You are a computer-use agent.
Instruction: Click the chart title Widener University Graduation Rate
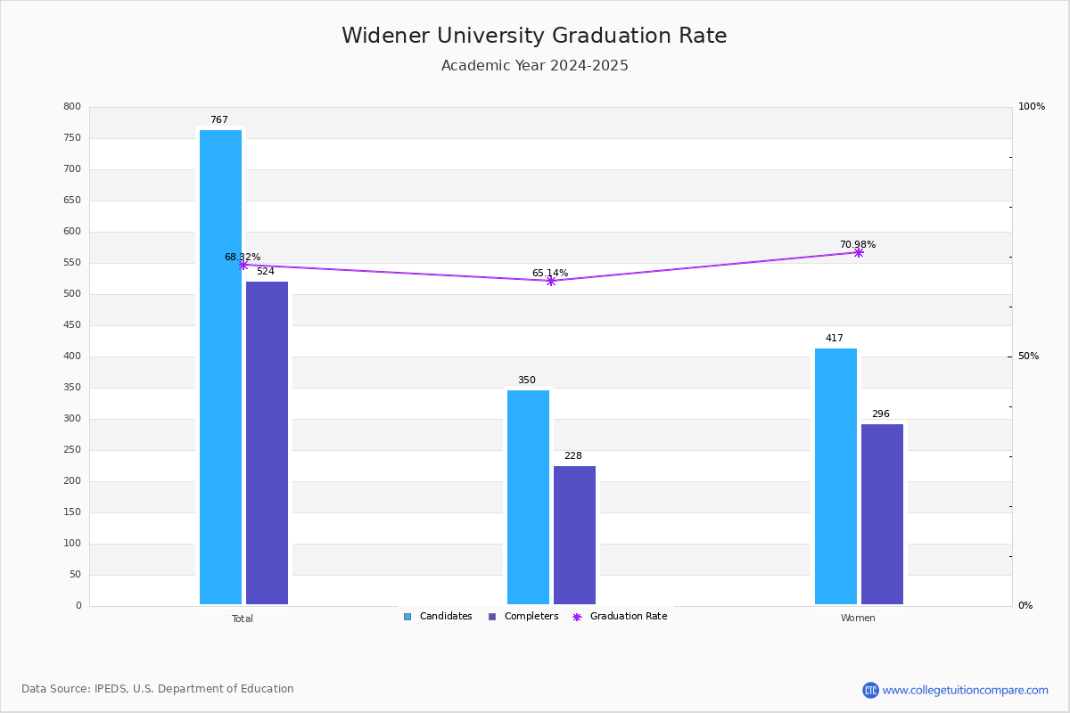[x=534, y=36]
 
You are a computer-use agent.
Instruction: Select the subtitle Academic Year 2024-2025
[x=534, y=65]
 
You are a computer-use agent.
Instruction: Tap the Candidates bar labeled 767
[x=221, y=367]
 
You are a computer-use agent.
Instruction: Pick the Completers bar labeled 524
[x=267, y=443]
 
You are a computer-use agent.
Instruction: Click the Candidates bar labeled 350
[x=528, y=497]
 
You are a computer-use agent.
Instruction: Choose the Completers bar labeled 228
[x=574, y=535]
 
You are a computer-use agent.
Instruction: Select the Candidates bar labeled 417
[x=836, y=476]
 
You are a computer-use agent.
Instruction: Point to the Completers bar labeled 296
[x=882, y=514]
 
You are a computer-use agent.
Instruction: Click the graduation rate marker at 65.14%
[x=551, y=282]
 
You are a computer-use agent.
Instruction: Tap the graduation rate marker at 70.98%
[x=859, y=252]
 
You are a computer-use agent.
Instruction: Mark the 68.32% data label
[x=243, y=257]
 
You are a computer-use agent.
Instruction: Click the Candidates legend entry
[x=438, y=616]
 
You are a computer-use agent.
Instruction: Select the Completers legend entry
[x=523, y=616]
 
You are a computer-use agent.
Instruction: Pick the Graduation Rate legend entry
[x=620, y=616]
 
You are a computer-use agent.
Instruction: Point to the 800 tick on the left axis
[x=72, y=106]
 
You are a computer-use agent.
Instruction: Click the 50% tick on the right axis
[x=1028, y=356]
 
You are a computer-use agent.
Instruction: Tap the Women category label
[x=858, y=618]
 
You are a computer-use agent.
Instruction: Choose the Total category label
[x=243, y=619]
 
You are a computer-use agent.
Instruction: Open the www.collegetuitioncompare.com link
[x=965, y=690]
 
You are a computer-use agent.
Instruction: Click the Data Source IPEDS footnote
[x=158, y=689]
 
